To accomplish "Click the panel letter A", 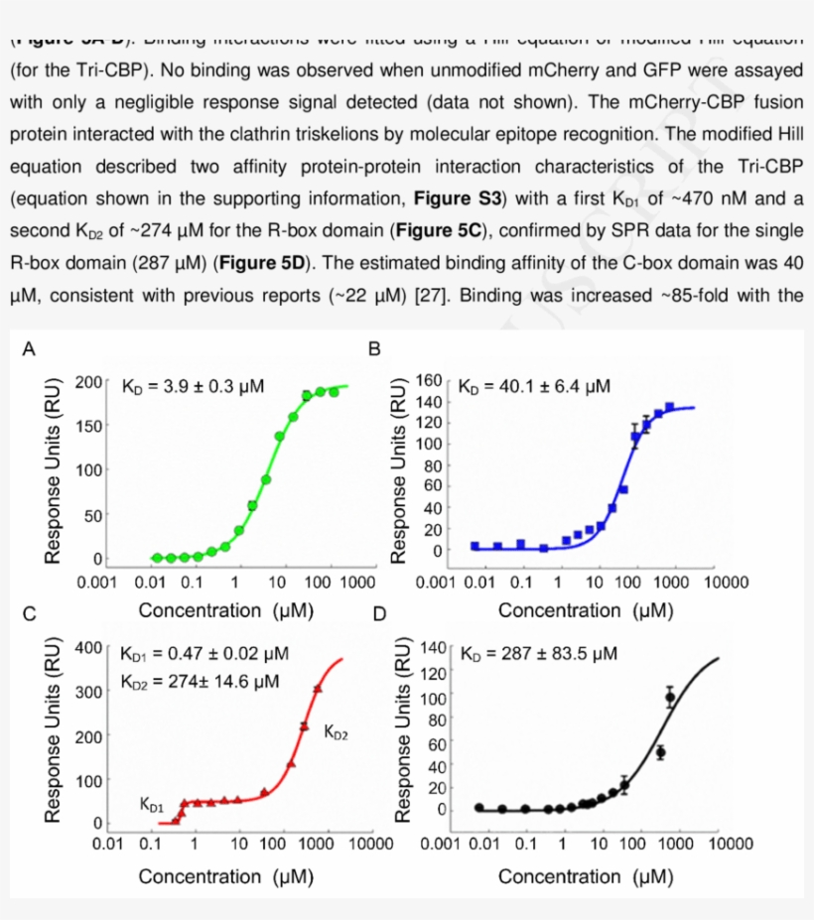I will tap(30, 348).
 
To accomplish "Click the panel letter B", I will tap(374, 348).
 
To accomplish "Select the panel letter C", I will tap(30, 614).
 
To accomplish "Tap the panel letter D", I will tap(379, 614).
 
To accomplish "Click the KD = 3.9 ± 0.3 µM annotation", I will tap(193, 386).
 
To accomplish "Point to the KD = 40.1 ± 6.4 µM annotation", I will tap(534, 385).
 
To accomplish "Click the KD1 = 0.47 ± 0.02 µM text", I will tap(203, 654).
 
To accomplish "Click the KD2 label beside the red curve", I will tap(336, 732).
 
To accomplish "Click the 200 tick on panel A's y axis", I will tap(88, 382).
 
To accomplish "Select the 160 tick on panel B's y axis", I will tap(429, 381).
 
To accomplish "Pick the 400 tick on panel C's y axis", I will tap(88, 648).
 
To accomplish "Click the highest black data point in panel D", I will tap(670, 697).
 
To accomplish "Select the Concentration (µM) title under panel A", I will tap(226, 610).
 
